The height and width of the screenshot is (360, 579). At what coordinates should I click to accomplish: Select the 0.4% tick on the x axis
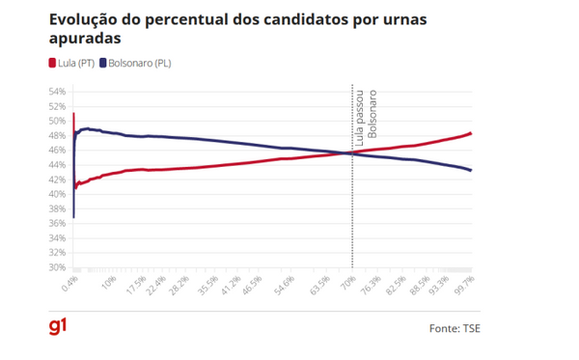[69, 283]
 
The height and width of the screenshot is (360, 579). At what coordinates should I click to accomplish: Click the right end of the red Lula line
[471, 133]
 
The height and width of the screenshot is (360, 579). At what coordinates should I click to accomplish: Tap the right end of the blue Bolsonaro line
[471, 171]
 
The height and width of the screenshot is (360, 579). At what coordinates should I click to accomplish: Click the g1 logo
[58, 327]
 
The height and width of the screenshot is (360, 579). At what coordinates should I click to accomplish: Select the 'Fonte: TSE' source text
[455, 329]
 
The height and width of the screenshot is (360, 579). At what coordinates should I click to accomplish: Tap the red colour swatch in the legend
[51, 63]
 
